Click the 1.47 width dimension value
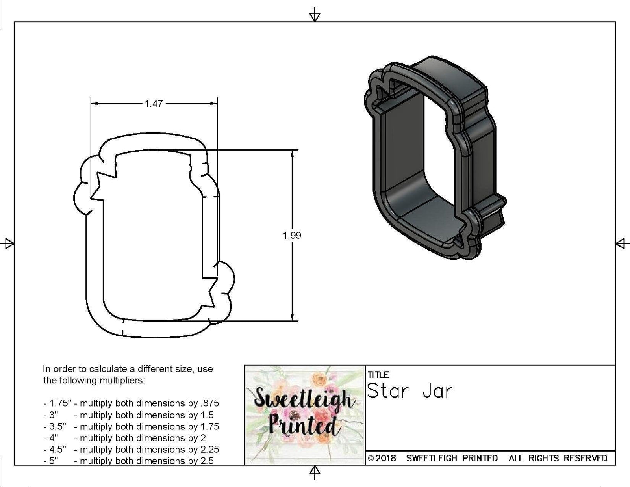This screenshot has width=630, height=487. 153,104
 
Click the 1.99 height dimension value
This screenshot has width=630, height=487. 292,235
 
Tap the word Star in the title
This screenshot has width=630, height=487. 388,391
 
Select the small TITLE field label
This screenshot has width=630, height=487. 378,375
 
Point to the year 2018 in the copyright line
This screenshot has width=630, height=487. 386,458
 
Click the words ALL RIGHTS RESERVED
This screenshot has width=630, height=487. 558,458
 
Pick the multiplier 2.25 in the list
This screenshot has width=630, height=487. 209,450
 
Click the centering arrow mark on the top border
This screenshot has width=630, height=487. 315,16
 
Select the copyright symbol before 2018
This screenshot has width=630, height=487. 371,459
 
